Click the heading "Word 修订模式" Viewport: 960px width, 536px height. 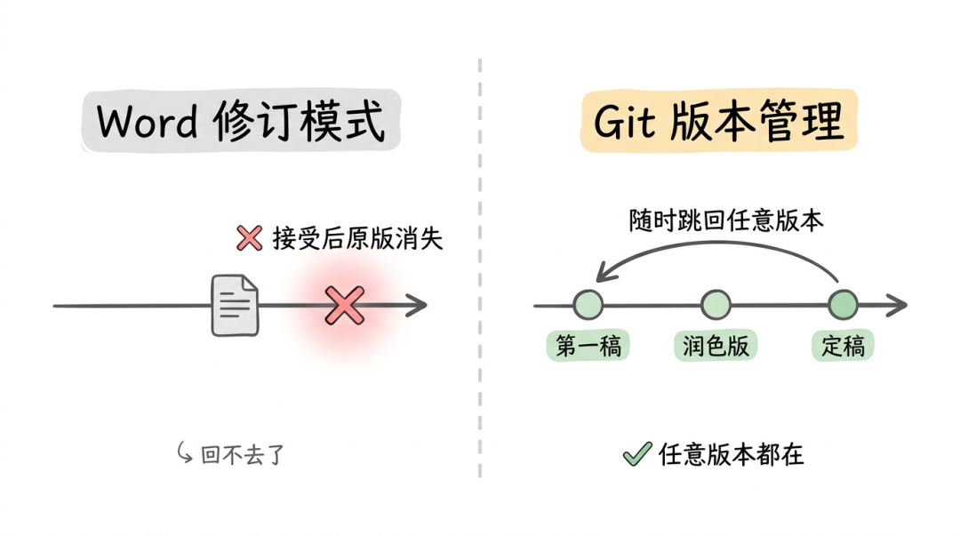241,123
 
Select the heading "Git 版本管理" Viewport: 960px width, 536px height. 718,122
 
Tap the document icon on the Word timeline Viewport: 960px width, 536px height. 235,306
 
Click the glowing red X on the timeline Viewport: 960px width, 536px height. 344,305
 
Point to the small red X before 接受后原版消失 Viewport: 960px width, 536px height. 249,238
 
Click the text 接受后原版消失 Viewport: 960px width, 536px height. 357,238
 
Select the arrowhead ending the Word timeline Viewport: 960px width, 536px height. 417,306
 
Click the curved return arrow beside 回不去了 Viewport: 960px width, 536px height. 185,453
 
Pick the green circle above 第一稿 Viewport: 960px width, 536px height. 588,305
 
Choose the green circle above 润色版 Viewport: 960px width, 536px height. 716,305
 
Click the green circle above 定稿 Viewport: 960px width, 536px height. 843,305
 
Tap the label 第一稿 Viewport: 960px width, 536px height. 588,346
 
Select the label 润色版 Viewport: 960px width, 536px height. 716,346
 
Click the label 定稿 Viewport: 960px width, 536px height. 843,346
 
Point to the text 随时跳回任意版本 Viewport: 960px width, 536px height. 726,221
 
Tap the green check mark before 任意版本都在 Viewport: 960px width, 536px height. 636,454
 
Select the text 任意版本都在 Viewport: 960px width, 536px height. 732,454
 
